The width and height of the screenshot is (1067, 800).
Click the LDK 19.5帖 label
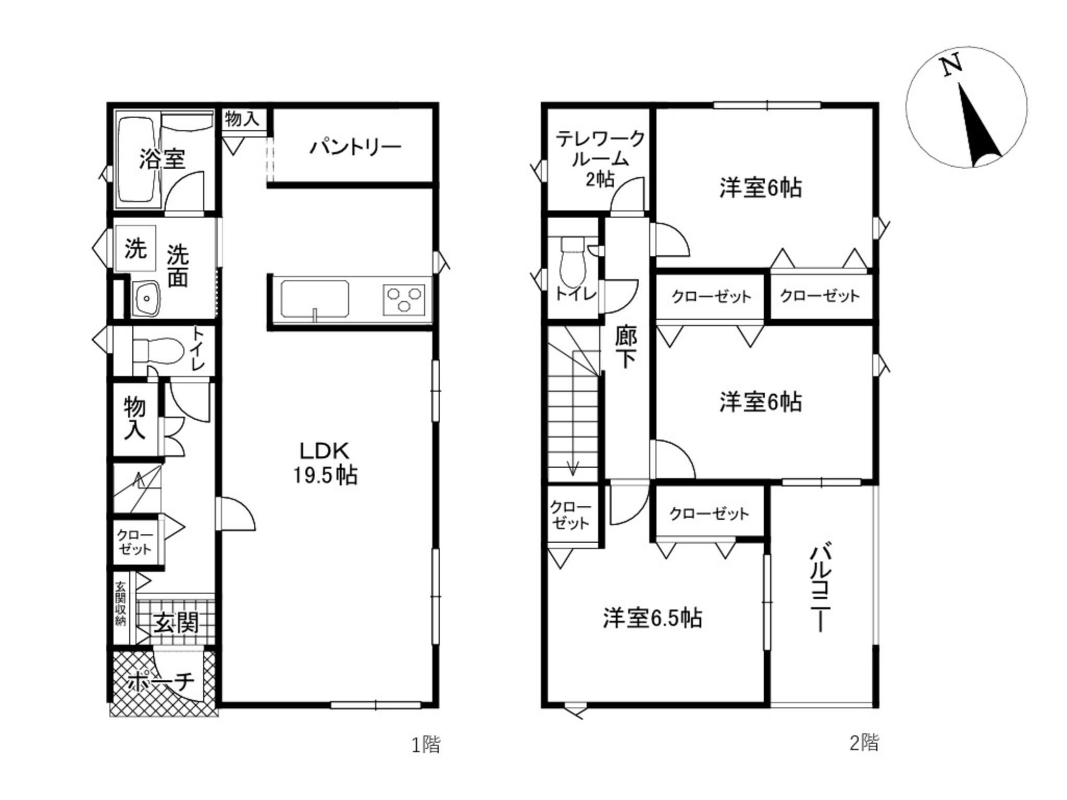[x=325, y=463]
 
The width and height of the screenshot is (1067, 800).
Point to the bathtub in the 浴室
[x=138, y=160]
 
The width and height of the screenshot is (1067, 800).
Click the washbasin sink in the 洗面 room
[x=147, y=298]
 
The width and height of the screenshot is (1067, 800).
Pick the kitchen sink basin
[x=315, y=299]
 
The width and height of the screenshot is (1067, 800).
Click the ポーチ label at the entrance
[x=160, y=681]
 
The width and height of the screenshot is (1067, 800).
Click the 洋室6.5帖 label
[x=652, y=618]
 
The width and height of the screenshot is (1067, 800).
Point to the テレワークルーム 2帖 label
[x=600, y=159]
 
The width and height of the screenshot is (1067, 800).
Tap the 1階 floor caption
[x=426, y=744]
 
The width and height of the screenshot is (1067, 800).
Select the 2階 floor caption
[x=864, y=743]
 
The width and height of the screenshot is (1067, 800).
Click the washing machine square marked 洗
[x=135, y=248]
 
